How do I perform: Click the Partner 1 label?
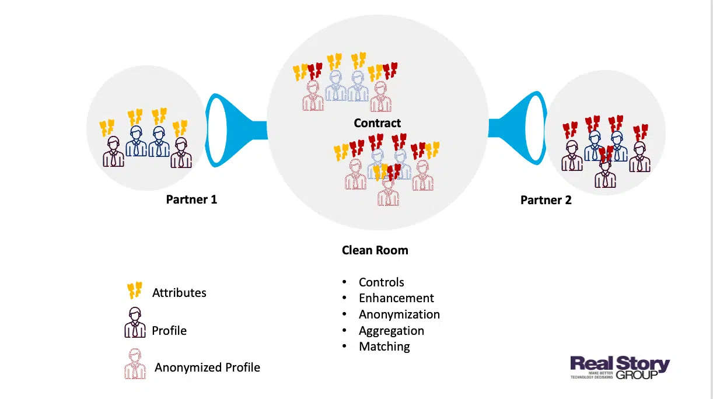191,199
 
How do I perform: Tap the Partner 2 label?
546,200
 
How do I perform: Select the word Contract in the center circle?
378,123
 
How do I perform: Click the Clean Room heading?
375,250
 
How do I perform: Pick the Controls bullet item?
382,282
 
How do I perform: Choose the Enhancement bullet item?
396,298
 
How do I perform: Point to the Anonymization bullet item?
399,314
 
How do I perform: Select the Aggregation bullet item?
392,331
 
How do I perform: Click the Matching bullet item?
385,346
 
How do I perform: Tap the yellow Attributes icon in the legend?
135,290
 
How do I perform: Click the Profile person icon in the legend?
135,323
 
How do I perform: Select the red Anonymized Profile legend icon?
135,364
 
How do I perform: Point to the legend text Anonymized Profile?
207,367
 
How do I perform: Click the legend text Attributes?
179,293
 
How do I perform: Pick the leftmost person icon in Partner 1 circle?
113,152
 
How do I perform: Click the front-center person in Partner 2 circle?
605,172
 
